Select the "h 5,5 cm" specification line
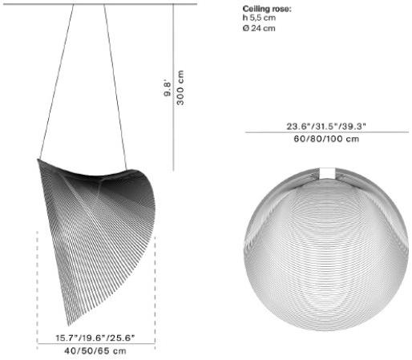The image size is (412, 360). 260,19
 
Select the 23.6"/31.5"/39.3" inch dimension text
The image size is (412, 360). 325,126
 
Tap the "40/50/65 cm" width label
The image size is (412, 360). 95,350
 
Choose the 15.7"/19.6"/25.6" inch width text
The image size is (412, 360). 95,338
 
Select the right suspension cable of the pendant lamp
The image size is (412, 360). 119,80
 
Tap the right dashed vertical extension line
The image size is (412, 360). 155,281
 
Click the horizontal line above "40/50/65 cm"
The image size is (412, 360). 95,344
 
